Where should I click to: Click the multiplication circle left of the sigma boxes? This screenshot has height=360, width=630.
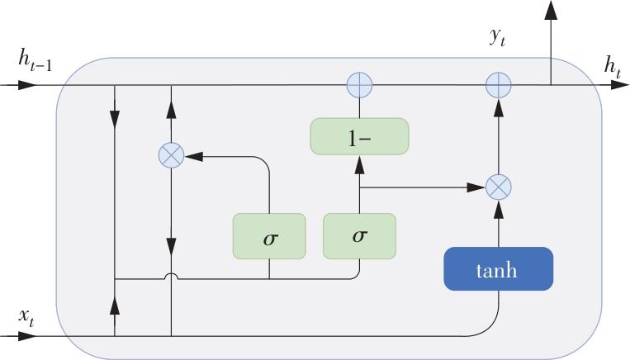(170, 154)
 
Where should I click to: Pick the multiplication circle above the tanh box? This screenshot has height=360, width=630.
(498, 187)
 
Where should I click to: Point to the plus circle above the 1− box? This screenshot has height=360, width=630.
(359, 84)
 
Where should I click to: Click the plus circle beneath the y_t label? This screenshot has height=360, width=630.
(498, 84)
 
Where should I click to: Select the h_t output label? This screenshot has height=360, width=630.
(612, 66)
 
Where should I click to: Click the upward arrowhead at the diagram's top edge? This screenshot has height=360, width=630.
(551, 10)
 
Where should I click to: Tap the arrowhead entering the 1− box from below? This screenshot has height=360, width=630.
(359, 164)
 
